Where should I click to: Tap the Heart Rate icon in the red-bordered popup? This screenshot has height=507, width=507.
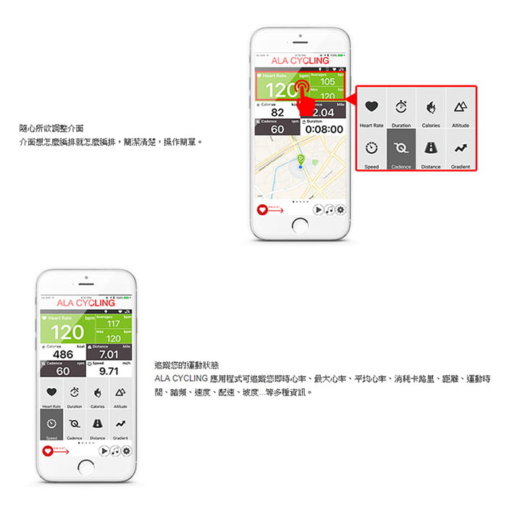[372, 107]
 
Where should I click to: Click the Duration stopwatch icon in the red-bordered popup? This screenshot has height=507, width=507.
[401, 107]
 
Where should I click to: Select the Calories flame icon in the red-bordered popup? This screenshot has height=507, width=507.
[431, 107]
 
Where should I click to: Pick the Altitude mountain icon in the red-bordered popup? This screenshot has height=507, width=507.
[461, 107]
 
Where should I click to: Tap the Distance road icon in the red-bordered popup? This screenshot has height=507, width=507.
[431, 148]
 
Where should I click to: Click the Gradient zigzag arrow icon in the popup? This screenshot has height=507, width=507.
[461, 148]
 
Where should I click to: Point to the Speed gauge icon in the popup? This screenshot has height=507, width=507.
[372, 148]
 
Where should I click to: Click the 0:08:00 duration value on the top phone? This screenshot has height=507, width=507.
[323, 129]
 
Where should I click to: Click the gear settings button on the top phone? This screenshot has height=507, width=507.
[340, 209]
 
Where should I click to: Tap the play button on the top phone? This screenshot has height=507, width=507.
[318, 209]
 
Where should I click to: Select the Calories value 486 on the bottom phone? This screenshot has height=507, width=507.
[63, 354]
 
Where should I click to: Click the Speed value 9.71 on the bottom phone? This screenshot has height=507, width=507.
[109, 371]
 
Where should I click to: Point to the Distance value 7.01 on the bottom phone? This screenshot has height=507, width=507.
[109, 354]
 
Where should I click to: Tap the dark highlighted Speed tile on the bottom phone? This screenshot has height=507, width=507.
[51, 426]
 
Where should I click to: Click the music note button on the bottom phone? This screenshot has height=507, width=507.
[115, 451]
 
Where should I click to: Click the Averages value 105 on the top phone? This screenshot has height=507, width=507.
[327, 82]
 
